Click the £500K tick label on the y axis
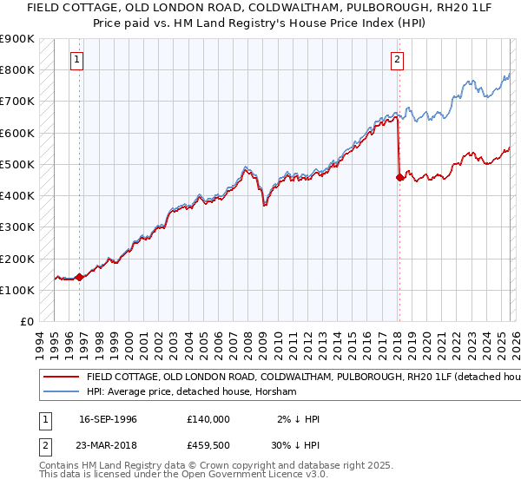(17, 164)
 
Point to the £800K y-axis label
(17, 69)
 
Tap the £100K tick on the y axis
(17, 290)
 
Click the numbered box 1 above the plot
(77, 60)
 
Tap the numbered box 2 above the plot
(397, 60)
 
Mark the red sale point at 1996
(79, 278)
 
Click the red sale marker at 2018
(399, 177)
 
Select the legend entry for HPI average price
(191, 392)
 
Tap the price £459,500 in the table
(208, 445)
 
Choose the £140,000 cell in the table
(208, 419)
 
